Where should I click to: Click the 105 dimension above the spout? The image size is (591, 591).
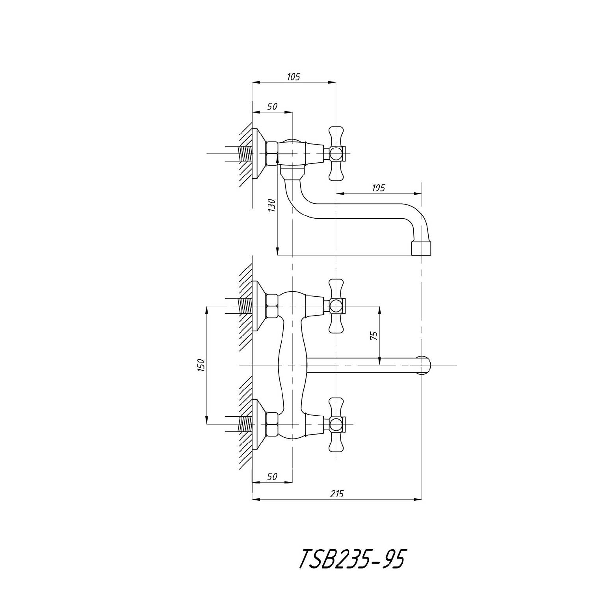point(378,188)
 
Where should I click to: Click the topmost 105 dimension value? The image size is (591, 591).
point(293,76)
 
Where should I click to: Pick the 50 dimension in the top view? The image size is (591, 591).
point(272,106)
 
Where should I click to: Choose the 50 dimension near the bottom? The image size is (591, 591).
point(272,476)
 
